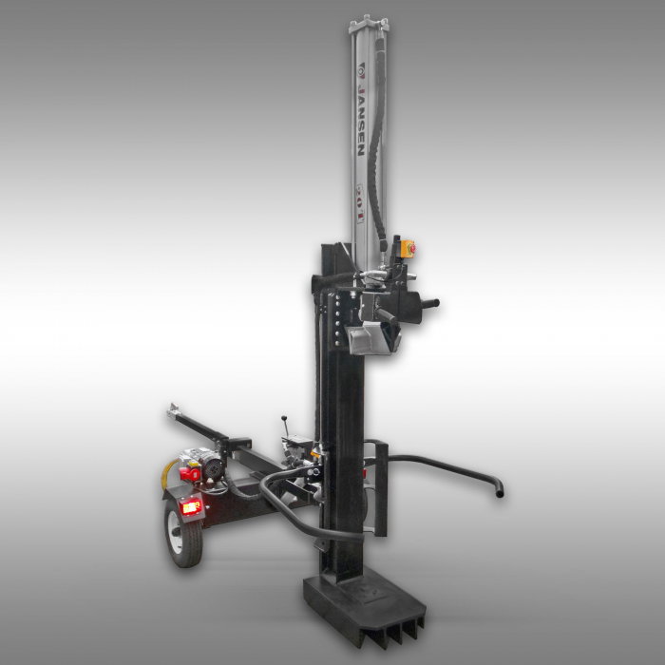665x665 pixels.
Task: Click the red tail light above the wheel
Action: coord(191,507)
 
